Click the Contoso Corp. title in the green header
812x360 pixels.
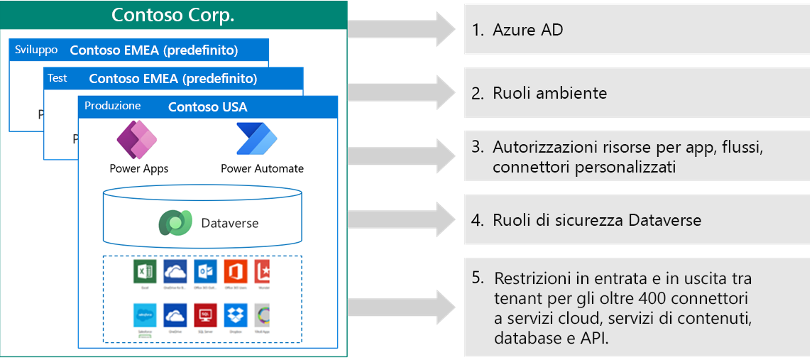[x=173, y=15]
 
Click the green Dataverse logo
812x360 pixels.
[x=174, y=222]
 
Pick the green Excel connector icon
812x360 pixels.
[x=144, y=272]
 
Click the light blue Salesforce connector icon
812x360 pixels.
[x=144, y=315]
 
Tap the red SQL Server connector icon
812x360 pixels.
[x=205, y=315]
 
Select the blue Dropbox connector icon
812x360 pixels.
[x=236, y=315]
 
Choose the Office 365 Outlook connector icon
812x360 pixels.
[x=205, y=272]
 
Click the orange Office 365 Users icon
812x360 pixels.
[x=236, y=272]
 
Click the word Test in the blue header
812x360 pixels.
[x=57, y=78]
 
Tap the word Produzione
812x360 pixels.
[x=112, y=106]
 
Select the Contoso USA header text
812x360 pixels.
[x=207, y=107]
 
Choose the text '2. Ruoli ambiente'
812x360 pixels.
[x=539, y=93]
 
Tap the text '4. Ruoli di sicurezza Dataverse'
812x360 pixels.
[x=586, y=220]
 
